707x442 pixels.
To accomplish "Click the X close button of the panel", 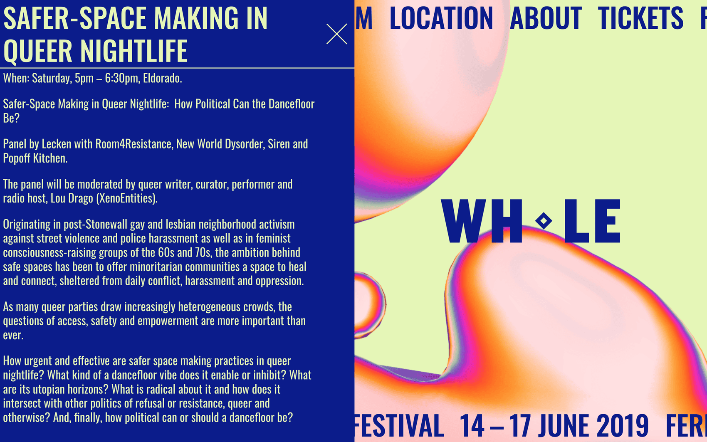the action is (336, 34).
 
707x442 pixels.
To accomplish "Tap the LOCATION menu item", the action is (441, 18).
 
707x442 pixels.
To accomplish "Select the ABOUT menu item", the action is (546, 18).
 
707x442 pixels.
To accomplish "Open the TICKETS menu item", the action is (640, 18).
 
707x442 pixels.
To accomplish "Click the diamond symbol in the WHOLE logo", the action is (544, 221).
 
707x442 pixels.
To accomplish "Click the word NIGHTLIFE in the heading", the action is (134, 50).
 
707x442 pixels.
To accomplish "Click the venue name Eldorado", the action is (162, 78).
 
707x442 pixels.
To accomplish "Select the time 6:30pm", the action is (122, 78).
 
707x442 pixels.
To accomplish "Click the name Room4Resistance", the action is (134, 144).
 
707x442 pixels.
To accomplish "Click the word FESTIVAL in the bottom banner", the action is (399, 425).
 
